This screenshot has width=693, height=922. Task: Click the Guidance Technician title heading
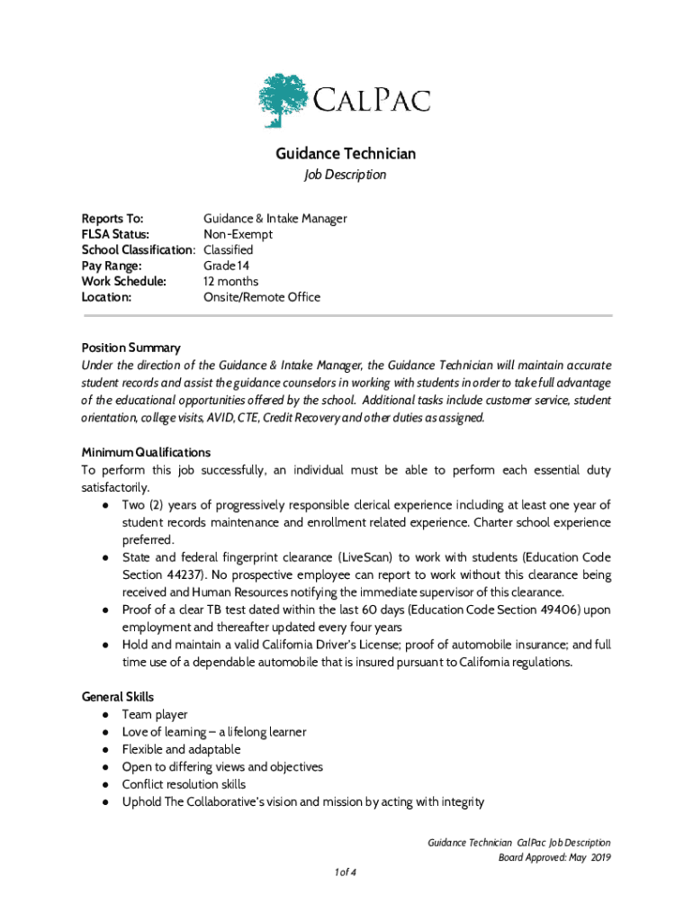point(346,154)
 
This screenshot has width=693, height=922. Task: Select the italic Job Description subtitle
point(346,175)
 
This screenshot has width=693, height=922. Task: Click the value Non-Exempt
point(238,234)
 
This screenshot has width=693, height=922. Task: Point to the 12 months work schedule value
point(231,281)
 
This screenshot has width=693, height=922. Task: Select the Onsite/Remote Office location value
point(261,297)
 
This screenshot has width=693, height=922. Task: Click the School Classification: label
point(139,249)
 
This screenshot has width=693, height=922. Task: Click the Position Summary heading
point(131,348)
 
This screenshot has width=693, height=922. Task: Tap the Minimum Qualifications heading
point(146,452)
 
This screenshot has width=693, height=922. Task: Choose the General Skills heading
point(118,697)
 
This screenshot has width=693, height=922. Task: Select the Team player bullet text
point(155,715)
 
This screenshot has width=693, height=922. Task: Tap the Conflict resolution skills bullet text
point(184,784)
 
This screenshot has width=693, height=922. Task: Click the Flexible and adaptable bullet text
point(181,749)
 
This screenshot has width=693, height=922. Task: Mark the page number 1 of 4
point(346,872)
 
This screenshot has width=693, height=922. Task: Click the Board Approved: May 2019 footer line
point(554,857)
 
